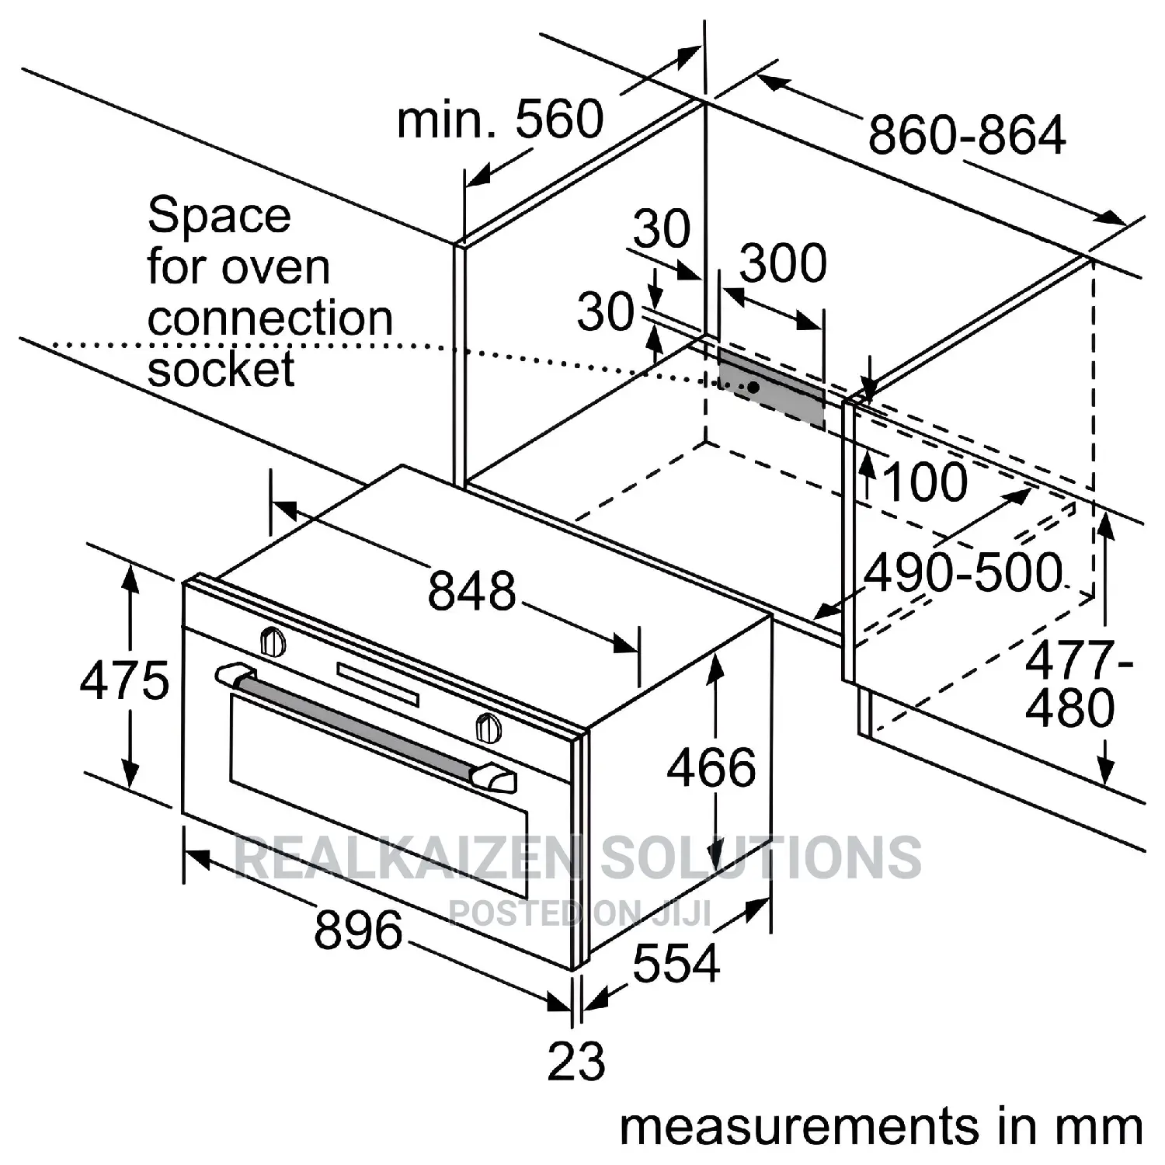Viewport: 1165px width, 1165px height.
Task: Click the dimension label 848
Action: (472, 589)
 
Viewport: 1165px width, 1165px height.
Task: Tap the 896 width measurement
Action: (359, 930)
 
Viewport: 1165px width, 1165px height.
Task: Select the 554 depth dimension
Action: (676, 964)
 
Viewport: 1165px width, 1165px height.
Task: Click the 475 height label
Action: (124, 680)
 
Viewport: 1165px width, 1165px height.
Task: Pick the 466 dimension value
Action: (711, 767)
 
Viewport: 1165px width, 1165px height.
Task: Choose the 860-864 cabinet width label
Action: (967, 134)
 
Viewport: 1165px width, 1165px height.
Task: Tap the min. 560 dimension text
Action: (500, 119)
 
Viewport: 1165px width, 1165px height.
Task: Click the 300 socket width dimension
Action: (783, 263)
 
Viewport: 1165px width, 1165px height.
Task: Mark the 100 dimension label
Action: (926, 482)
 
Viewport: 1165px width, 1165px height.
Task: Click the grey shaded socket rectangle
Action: (770, 388)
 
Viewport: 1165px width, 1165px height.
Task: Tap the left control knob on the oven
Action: (272, 642)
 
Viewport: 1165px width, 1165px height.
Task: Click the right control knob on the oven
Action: (488, 727)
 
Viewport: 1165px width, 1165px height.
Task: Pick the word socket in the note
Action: (221, 369)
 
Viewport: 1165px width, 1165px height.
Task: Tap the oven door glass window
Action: (378, 795)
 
